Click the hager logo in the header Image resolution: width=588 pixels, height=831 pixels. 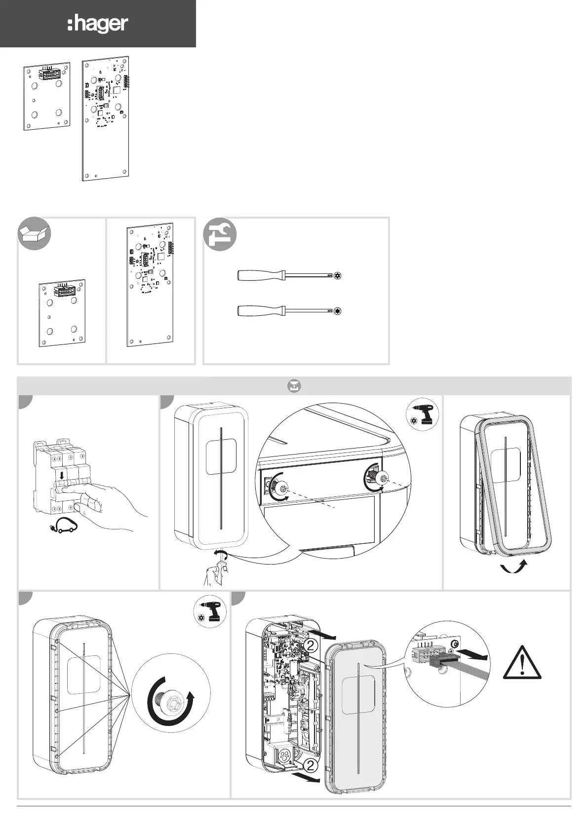[x=98, y=24]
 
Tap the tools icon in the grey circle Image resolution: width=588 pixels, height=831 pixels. [x=220, y=234]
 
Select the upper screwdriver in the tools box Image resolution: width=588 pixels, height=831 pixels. [x=289, y=276]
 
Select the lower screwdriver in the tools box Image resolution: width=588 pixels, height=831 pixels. [x=289, y=310]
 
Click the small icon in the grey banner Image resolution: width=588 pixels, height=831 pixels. [x=294, y=386]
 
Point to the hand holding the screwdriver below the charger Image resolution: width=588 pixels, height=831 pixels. [x=216, y=572]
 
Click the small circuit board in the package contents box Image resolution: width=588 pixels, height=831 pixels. [x=62, y=313]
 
